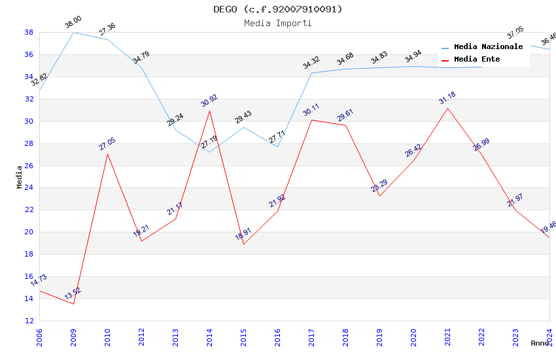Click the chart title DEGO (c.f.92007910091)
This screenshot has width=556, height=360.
(277, 9)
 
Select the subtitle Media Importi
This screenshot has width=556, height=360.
(277, 23)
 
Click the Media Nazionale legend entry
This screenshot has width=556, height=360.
(488, 46)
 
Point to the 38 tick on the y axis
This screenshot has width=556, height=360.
(29, 32)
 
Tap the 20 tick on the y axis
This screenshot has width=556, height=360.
(29, 232)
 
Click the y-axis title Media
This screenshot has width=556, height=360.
(20, 177)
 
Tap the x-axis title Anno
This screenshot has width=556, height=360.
(540, 343)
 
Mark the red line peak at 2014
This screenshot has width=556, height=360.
(209, 111)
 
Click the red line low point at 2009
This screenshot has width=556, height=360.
(73, 304)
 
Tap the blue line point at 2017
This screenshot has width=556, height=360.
(311, 73)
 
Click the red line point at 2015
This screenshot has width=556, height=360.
(243, 244)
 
